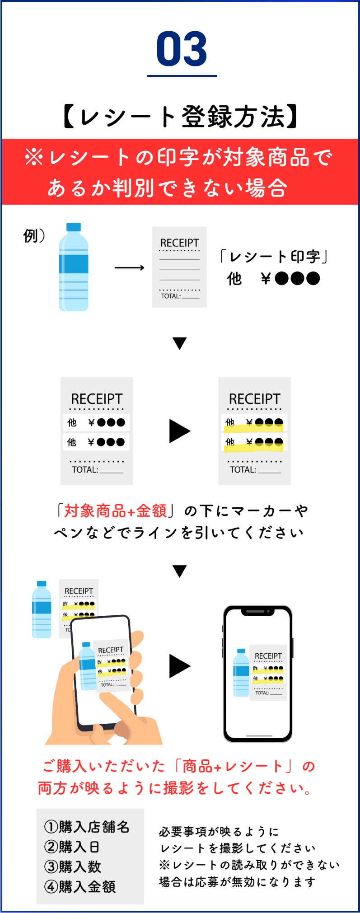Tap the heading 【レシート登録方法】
[x=180, y=117]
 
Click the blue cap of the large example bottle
[x=74, y=227]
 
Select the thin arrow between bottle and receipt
[x=129, y=268]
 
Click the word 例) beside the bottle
[x=34, y=235]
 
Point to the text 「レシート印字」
[x=274, y=257]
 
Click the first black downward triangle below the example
[x=180, y=343]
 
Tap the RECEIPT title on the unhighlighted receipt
[x=97, y=399]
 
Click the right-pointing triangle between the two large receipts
[x=179, y=431]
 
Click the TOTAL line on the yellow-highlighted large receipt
[x=255, y=470]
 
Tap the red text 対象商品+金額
[x=116, y=511]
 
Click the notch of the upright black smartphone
[x=257, y=612]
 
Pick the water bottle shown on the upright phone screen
[x=241, y=673]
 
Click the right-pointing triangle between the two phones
[x=179, y=666]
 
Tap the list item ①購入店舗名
[x=87, y=827]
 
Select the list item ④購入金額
[x=80, y=887]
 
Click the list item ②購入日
[x=72, y=847]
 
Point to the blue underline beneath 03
[x=182, y=75]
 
